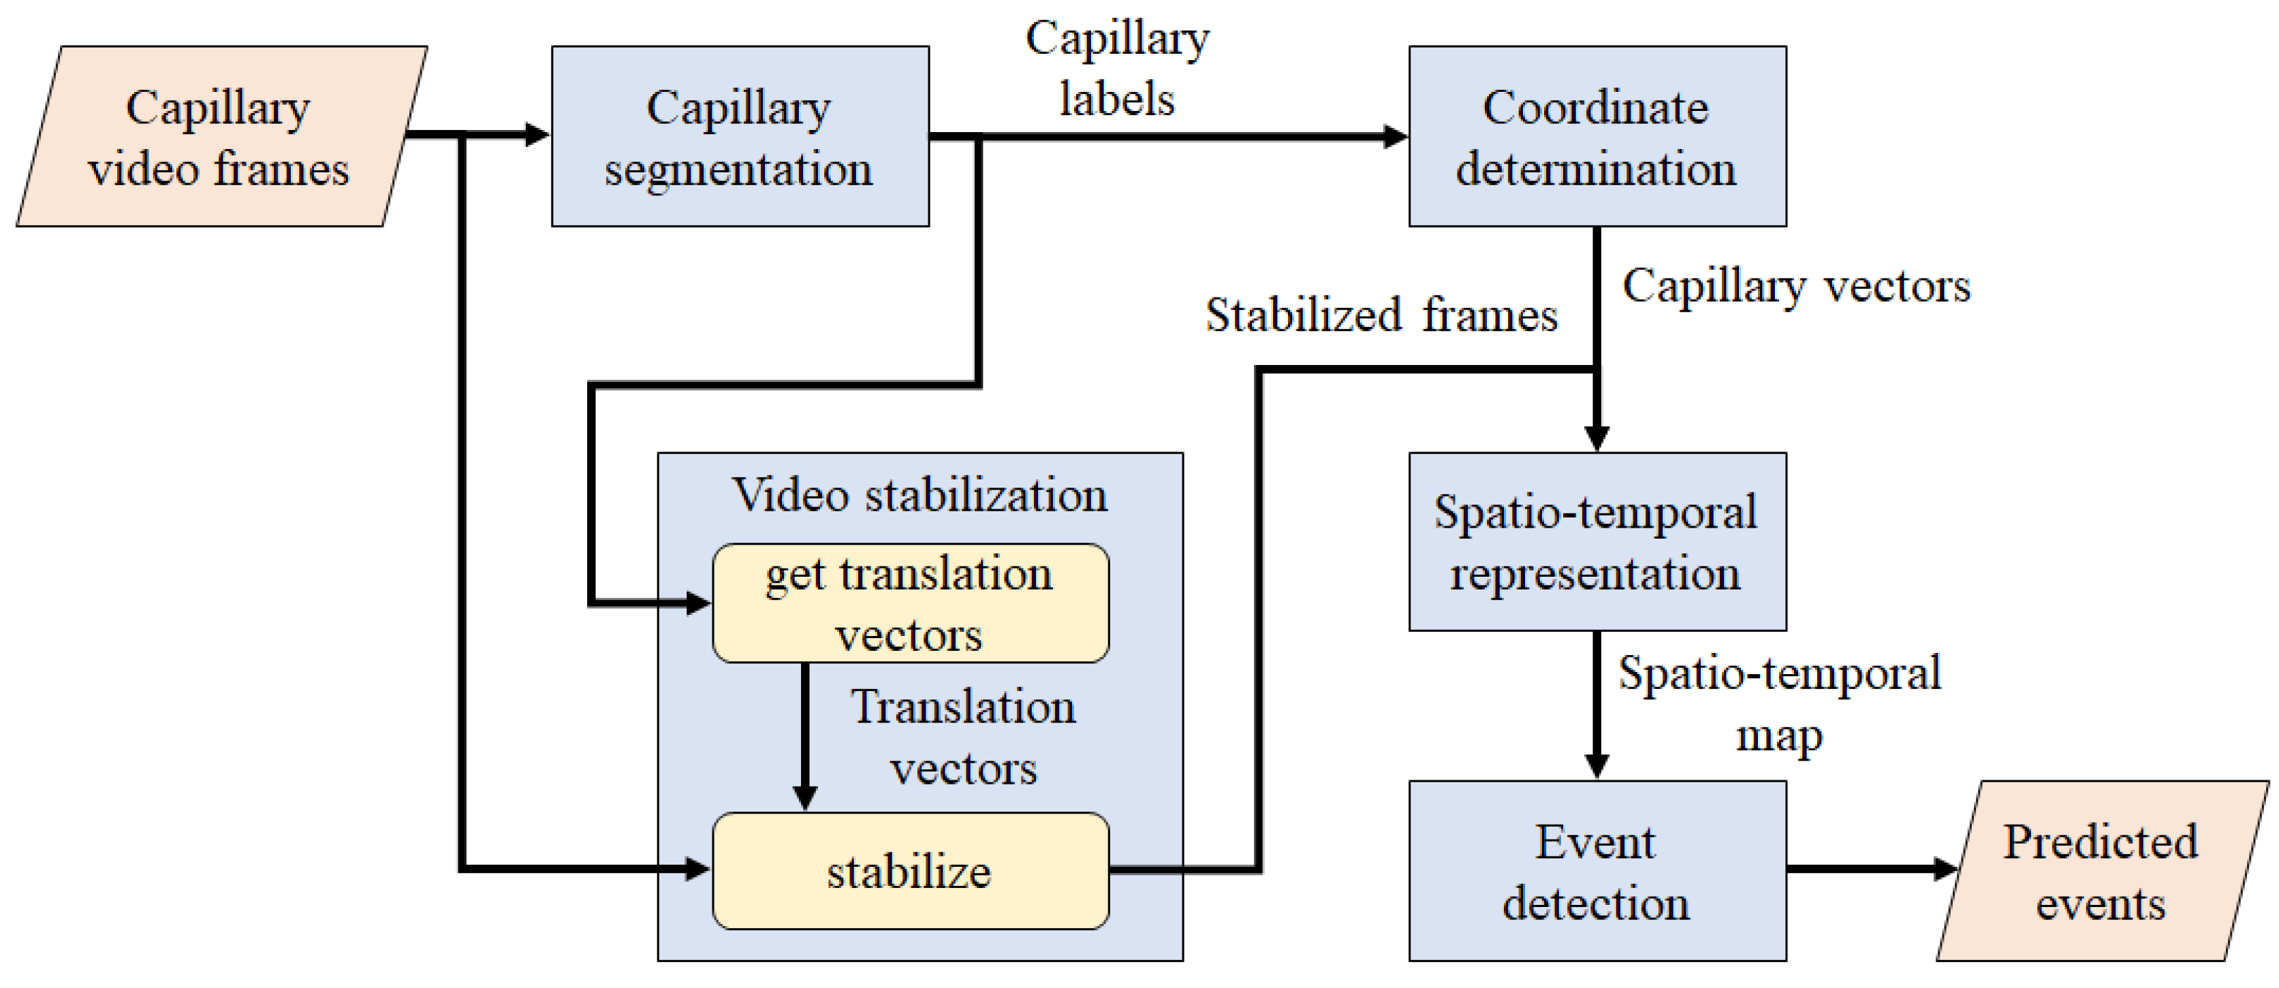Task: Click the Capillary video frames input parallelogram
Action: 221,137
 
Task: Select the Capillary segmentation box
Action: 740,137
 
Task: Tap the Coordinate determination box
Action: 1597,137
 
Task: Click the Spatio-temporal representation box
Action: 1597,542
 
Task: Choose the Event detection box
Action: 1597,872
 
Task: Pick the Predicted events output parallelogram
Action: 2101,872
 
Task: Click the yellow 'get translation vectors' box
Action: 911,603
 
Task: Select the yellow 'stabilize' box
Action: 911,872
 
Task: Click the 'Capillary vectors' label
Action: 1796,286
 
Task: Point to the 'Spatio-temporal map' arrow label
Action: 1779,703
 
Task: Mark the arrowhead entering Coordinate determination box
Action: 1396,137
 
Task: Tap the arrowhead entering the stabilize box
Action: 698,870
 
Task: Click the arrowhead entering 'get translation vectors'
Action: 698,604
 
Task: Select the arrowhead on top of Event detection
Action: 1597,766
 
